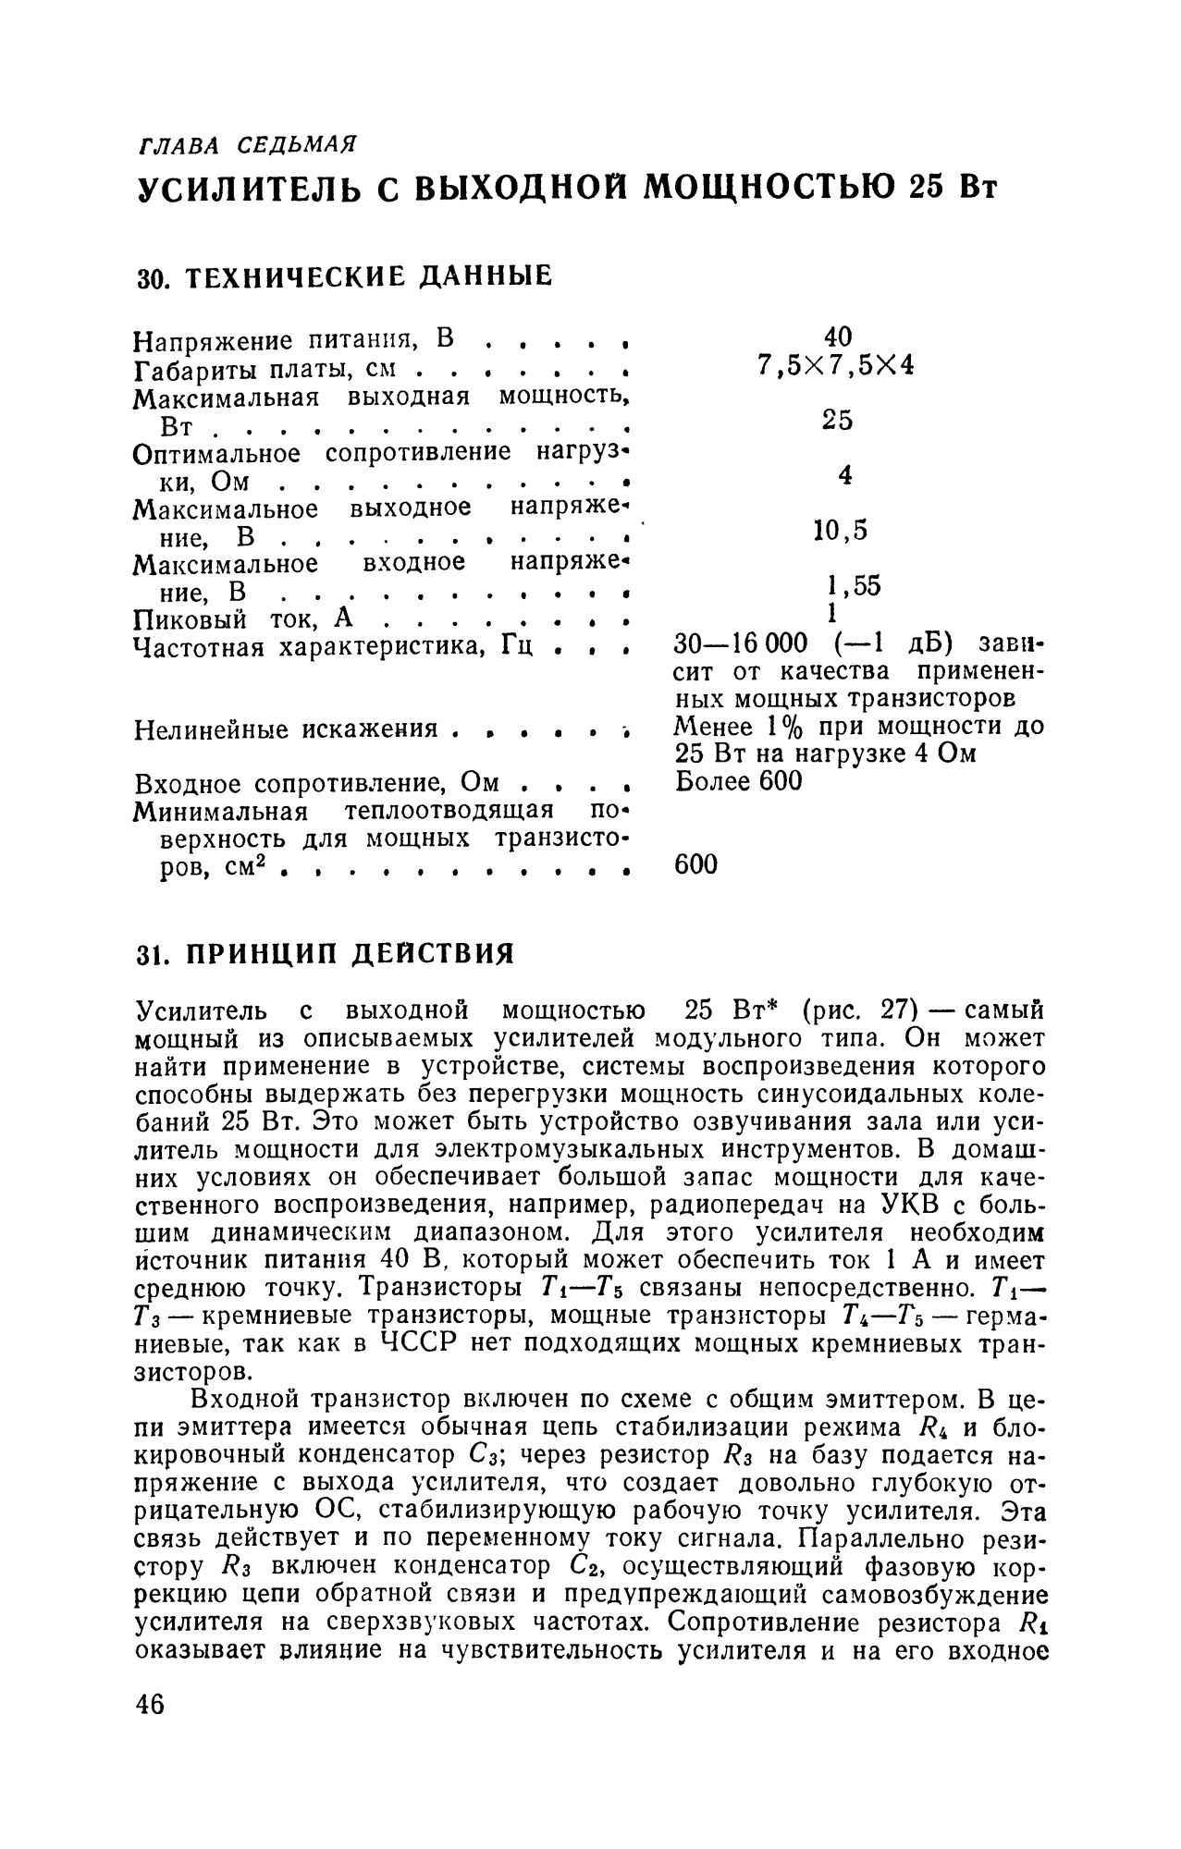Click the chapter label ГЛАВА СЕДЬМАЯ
(247, 145)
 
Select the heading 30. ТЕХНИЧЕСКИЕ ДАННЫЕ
(343, 276)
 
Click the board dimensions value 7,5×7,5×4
(835, 365)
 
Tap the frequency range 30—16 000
(743, 643)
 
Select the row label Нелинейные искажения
(286, 729)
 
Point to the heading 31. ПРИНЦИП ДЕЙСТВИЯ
(325, 953)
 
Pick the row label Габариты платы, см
(264, 370)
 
